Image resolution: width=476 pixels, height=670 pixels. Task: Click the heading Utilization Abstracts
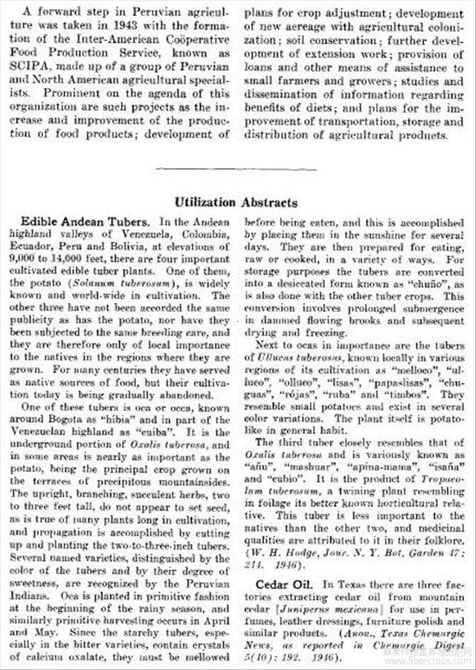237,202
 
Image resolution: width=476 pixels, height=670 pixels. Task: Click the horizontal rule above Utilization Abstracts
237,169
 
